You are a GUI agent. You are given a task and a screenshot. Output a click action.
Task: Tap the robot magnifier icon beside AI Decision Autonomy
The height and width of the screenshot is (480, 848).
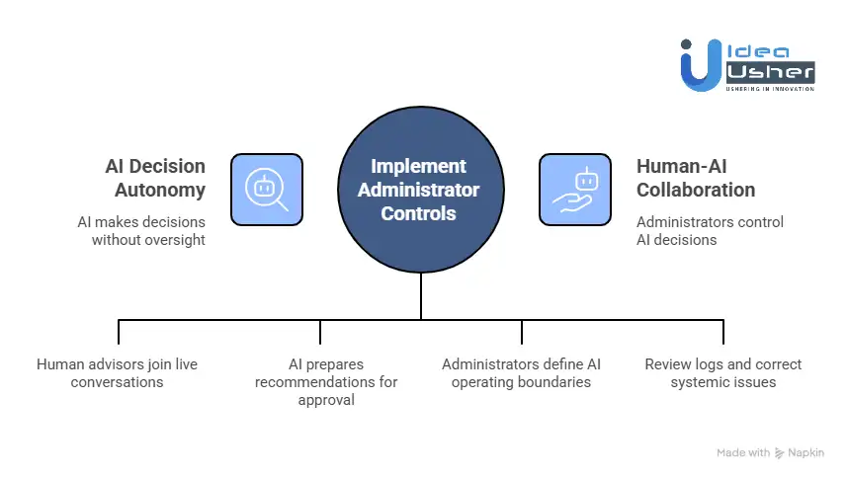pos(267,189)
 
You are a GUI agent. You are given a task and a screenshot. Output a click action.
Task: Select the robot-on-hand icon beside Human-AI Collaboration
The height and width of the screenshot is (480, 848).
pos(575,189)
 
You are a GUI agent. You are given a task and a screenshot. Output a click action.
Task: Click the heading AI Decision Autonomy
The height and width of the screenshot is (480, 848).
pos(155,178)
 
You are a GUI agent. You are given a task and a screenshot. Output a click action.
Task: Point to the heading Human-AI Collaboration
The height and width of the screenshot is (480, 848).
pos(696,178)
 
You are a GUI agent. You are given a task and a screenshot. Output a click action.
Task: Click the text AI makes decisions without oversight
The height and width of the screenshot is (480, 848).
pos(141,231)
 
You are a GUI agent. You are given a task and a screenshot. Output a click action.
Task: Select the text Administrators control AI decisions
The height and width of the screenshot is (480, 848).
pos(710,231)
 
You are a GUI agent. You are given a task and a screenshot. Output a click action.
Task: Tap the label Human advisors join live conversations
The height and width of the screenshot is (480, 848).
pos(117,372)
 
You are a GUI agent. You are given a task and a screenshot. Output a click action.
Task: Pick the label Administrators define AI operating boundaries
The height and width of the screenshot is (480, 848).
pos(521,372)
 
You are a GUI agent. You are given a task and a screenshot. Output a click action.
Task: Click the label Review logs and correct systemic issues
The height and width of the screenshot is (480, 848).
pos(722,372)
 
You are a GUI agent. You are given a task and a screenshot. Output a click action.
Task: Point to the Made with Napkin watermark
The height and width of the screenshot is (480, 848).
pos(769,452)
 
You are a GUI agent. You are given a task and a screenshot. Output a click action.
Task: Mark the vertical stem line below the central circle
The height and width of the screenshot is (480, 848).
pos(421,295)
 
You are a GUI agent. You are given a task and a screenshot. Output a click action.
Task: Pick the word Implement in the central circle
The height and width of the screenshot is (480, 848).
pos(419,167)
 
